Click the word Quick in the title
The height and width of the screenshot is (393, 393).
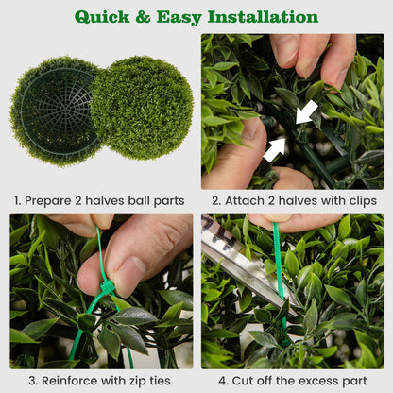(x=105, y=17)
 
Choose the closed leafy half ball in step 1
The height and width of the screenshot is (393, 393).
(x=142, y=107)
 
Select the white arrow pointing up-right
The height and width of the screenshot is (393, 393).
(x=275, y=147)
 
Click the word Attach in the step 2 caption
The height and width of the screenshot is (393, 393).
(x=246, y=201)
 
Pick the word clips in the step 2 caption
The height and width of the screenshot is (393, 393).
(x=359, y=201)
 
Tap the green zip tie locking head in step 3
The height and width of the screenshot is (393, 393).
(x=107, y=286)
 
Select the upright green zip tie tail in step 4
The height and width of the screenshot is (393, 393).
(x=279, y=274)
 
